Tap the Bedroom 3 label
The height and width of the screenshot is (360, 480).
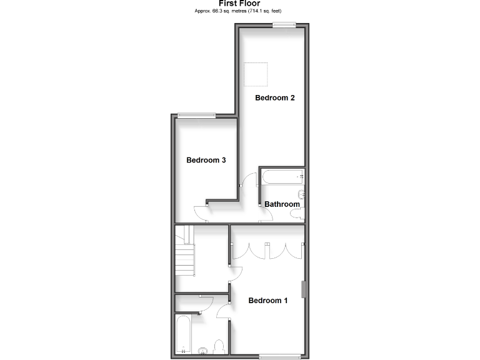pos(206,160)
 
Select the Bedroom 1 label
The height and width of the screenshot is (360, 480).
pos(268,301)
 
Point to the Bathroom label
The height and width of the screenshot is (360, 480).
pos(282,204)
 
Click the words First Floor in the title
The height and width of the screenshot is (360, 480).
pos(239,4)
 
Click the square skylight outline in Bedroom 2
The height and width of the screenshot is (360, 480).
pos(254,76)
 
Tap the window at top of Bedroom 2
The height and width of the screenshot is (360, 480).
pos(283,25)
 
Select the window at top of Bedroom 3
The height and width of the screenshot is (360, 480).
pos(196,114)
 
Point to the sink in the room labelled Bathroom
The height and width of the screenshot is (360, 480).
pos(302,194)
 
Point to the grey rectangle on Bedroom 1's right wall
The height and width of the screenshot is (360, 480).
pos(304,290)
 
